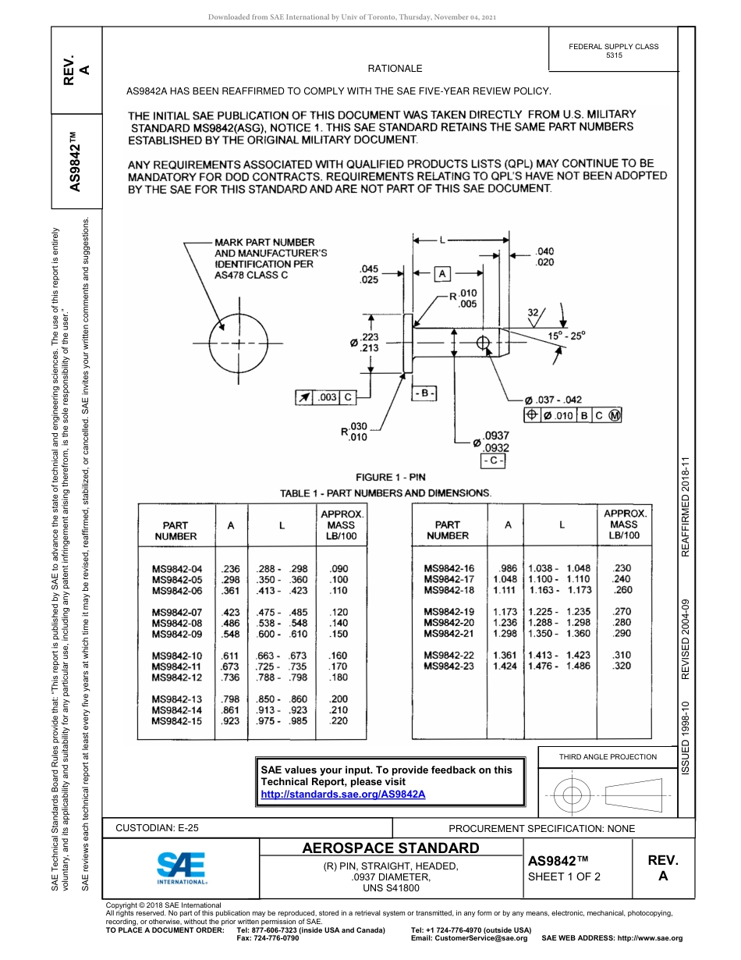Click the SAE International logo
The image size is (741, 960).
[181, 867]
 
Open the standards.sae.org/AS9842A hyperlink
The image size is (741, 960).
[343, 794]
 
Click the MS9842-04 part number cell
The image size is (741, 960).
[177, 569]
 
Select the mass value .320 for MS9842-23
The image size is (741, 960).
[622, 666]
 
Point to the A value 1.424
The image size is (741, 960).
[505, 666]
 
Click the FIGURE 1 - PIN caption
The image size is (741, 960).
[391, 477]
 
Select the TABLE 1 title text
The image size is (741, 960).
[385, 493]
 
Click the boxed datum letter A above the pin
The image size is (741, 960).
[441, 274]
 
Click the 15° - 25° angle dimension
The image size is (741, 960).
[565, 335]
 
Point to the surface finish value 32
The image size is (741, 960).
[534, 312]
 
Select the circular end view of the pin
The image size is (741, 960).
[236, 343]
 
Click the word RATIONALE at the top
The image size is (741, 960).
[395, 69]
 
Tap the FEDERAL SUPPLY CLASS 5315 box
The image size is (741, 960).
[614, 51]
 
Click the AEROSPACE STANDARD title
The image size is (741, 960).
[390, 848]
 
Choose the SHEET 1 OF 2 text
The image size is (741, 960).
[564, 876]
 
